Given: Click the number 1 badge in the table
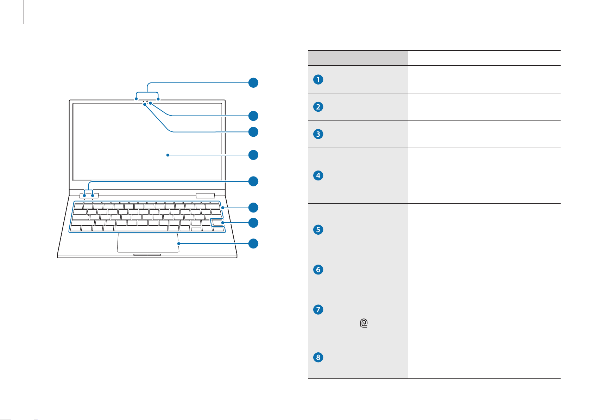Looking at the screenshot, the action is pos(318,80).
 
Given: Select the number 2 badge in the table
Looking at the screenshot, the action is pos(318,107).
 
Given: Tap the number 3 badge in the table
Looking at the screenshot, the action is pos(318,134).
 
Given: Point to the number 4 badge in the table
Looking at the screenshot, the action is pos(318,175).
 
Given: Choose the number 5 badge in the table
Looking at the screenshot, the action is pos(318,229).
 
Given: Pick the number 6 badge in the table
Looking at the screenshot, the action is pos(318,270).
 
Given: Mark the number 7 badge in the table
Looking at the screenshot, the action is pos(318,309).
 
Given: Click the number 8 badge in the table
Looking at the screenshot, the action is pos(318,357).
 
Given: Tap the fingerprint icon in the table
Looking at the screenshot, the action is pos(364,323).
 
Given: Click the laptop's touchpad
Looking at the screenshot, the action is pos(148,243).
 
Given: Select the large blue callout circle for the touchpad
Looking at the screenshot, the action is pos(253,243).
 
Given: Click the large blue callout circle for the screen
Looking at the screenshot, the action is pos(253,155).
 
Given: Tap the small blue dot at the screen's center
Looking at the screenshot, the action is pos(168,155).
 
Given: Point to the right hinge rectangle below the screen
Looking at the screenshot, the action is pos(205,196).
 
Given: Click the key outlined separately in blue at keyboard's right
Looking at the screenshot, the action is pos(217,223).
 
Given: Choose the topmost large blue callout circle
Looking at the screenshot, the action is pos(253,83).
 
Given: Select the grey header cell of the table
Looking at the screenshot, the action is pos(358,58).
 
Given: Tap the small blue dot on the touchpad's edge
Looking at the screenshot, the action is pos(179,243).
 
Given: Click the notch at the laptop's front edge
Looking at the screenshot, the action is pos(147,255).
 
